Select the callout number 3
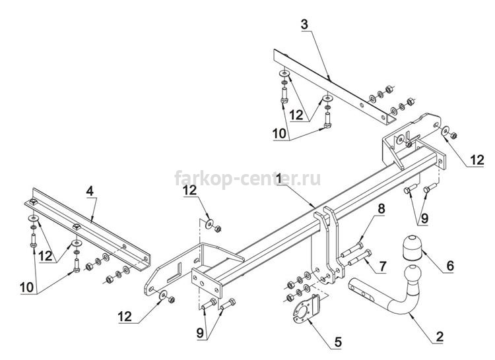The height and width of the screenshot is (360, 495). (304, 24)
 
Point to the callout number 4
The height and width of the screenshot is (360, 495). (90, 192)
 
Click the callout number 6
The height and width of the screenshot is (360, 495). (449, 266)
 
